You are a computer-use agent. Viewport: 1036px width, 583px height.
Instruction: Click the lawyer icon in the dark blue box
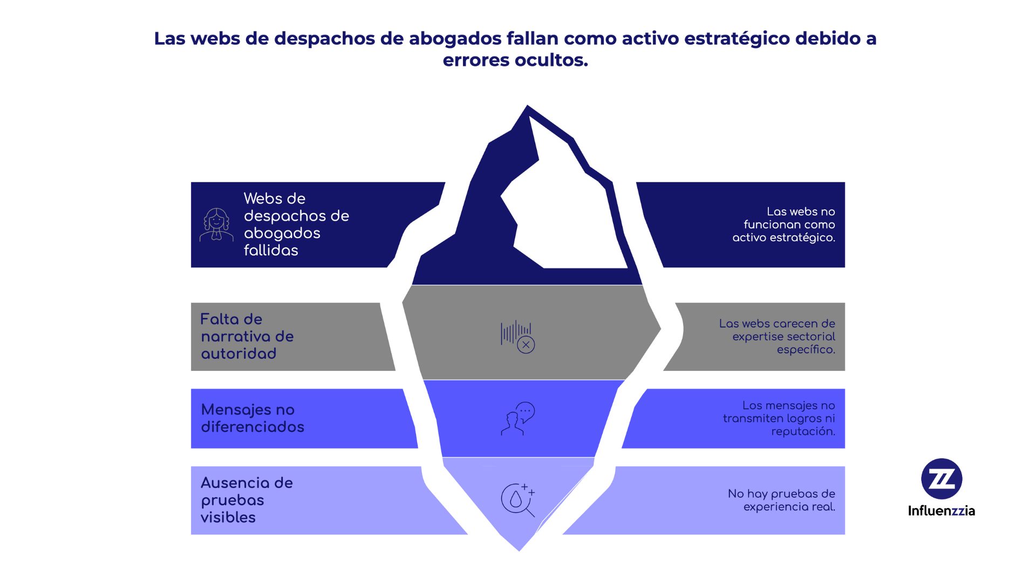coord(216,225)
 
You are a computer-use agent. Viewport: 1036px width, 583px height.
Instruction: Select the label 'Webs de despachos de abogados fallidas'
coord(296,225)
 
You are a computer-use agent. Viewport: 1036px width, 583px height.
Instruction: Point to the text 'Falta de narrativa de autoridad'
coord(247,336)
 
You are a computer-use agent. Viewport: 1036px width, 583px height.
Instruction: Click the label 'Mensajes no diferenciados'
coord(252,418)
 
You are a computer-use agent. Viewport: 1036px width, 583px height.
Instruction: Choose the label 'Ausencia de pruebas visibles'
coord(247,500)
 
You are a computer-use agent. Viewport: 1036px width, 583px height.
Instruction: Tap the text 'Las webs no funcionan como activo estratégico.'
coord(783,225)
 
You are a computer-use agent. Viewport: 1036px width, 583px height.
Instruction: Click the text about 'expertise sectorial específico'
coord(777,336)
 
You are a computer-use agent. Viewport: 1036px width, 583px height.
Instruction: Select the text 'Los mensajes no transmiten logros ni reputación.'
coord(779,418)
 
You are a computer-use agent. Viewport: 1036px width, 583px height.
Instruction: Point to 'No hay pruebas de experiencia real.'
coord(781,500)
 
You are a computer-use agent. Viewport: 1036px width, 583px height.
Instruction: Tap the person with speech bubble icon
coord(517,418)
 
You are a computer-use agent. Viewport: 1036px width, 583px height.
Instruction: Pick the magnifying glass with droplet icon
coord(517,500)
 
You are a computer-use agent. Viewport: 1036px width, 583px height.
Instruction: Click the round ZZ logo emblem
coord(942,479)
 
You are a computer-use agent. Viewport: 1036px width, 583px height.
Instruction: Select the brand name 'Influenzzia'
coord(942,511)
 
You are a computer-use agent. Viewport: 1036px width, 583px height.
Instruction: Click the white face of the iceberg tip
coord(567,216)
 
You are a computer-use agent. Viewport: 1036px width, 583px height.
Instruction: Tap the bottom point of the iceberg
coord(519,549)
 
